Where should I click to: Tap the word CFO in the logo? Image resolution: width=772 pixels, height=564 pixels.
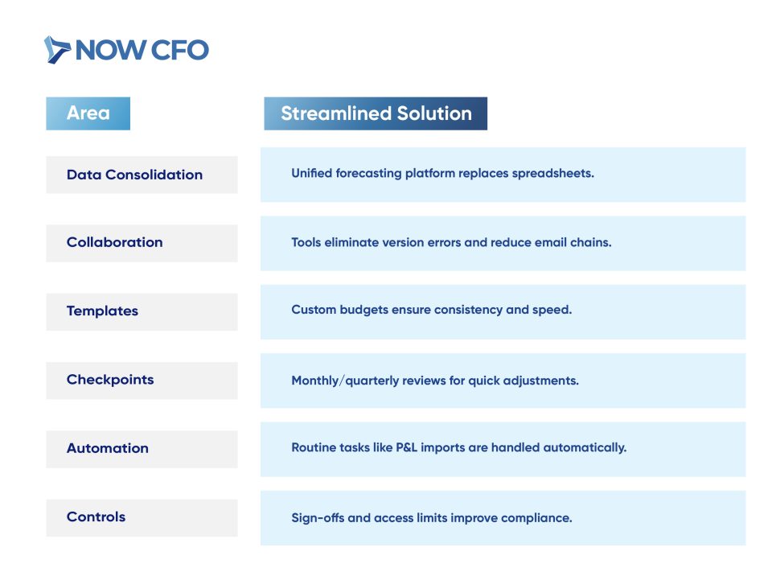tap(179, 50)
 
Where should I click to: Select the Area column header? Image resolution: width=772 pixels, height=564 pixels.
tap(88, 113)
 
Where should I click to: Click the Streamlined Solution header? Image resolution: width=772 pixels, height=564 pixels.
tap(376, 113)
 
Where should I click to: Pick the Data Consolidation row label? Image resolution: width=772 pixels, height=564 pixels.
tap(134, 175)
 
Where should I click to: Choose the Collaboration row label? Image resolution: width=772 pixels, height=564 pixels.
tap(115, 242)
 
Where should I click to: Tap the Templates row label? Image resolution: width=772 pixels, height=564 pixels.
tap(102, 311)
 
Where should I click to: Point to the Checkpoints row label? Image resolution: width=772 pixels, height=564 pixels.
tap(110, 380)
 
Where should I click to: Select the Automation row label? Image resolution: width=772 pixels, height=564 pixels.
tap(107, 448)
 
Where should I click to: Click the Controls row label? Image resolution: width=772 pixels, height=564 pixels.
tap(96, 517)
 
